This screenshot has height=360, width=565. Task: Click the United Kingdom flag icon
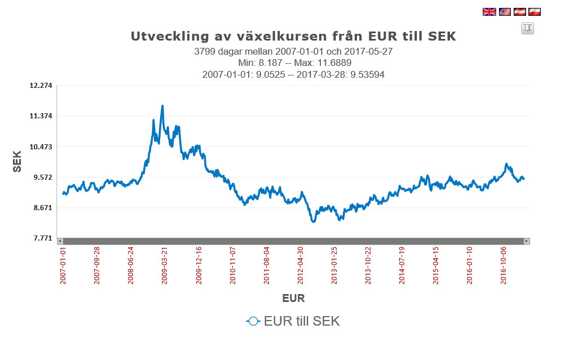[489, 11]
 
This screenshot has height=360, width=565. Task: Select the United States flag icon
[504, 11]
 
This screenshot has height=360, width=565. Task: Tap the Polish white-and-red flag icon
[534, 11]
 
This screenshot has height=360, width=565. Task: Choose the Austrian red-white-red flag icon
[519, 11]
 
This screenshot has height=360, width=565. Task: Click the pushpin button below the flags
[527, 28]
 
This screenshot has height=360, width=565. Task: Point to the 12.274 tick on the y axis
[41, 86]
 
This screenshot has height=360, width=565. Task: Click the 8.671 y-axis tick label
[41, 208]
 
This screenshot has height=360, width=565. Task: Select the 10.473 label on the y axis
[41, 146]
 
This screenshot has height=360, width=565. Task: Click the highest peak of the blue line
[162, 106]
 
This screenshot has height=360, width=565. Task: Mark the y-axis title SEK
[17, 162]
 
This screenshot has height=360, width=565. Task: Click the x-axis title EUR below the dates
[293, 298]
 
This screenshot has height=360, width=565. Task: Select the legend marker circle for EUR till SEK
[253, 321]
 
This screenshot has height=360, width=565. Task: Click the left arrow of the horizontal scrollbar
[60, 241]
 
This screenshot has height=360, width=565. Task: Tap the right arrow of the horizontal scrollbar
[527, 241]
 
